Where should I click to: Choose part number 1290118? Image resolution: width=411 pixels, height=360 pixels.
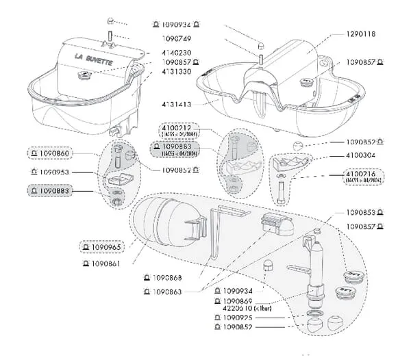[356, 33]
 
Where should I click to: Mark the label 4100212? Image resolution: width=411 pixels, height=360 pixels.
[177, 128]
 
